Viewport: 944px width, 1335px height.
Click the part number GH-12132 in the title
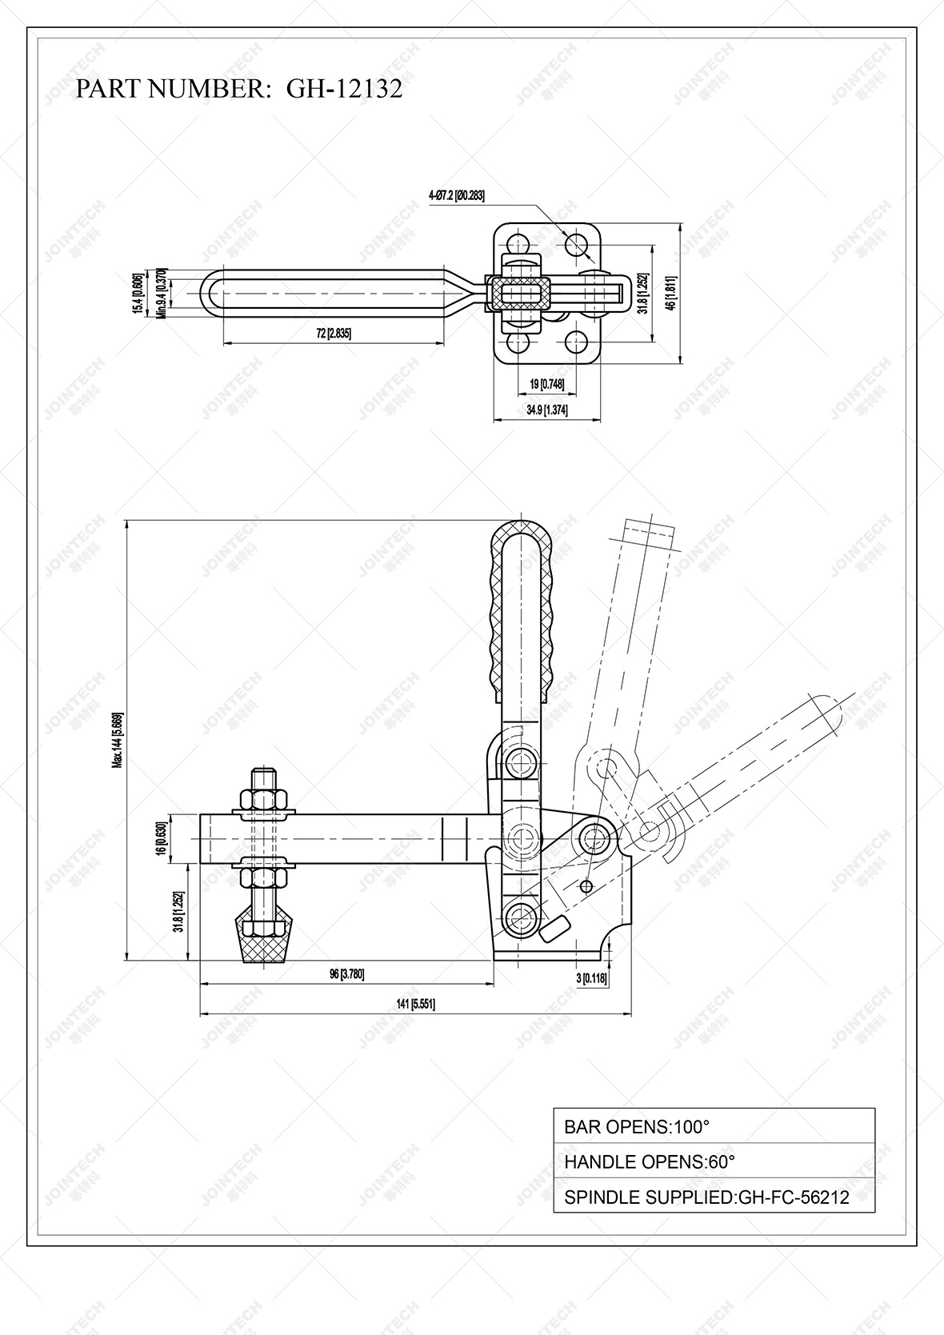pyautogui.click(x=344, y=89)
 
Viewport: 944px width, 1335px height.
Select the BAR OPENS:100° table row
pyautogui.click(x=714, y=1126)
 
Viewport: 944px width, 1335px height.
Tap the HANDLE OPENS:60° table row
pyautogui.click(x=714, y=1161)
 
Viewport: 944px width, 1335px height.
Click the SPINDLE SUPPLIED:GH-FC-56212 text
pyautogui.click(x=706, y=1197)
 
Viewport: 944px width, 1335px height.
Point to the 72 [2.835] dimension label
pyautogui.click(x=333, y=334)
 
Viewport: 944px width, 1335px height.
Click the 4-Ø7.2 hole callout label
pyautogui.click(x=457, y=195)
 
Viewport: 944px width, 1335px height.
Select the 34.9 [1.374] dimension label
pyautogui.click(x=547, y=410)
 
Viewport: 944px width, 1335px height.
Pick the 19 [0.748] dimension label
pyautogui.click(x=547, y=385)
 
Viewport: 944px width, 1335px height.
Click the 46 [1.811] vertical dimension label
pyautogui.click(x=673, y=293)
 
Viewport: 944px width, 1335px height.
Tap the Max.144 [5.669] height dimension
pyautogui.click(x=117, y=740)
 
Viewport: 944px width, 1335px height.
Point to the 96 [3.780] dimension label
pyautogui.click(x=346, y=974)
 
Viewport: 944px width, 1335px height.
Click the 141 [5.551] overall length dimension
pyautogui.click(x=415, y=1005)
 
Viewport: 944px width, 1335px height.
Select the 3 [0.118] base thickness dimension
pyautogui.click(x=592, y=978)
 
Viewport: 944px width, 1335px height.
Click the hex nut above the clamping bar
pyautogui.click(x=263, y=798)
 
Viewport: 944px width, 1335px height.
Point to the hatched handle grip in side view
pyautogui.click(x=521, y=608)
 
